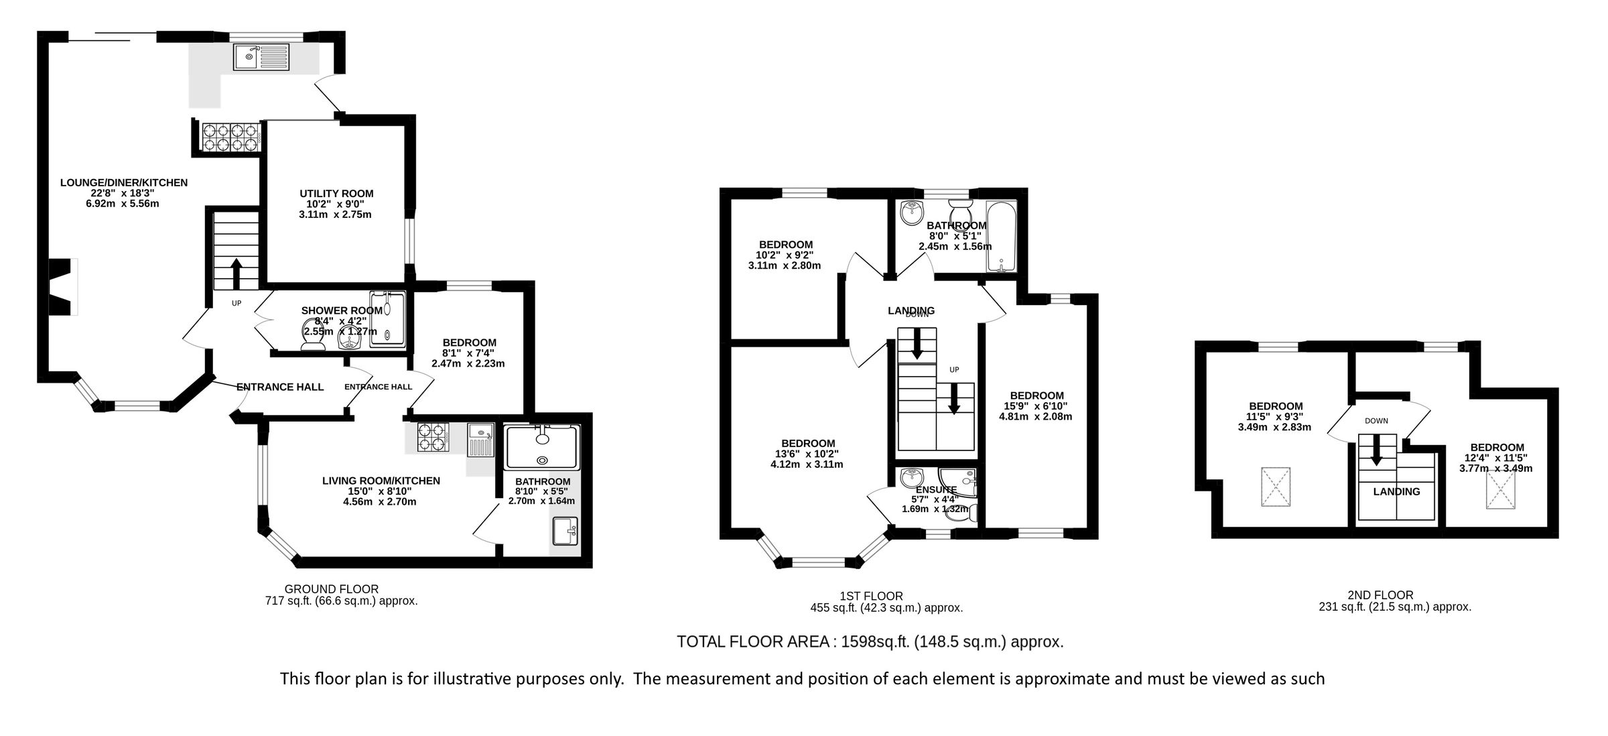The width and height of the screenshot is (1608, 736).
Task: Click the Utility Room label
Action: pos(336,194)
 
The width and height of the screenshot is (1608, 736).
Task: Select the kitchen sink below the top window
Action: pos(261,56)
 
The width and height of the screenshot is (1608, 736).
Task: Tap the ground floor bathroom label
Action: pos(542,481)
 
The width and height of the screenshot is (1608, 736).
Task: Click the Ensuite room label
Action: pos(935,490)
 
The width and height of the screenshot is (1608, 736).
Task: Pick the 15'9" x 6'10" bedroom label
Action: pos(1036,395)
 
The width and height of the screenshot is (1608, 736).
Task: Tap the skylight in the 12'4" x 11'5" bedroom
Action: pos(1499,490)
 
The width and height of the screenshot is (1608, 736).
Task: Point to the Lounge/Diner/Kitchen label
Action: pos(123,182)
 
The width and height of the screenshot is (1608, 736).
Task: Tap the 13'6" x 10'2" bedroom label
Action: pos(807,443)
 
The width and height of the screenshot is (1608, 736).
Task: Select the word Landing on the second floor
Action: pos(1396,491)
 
